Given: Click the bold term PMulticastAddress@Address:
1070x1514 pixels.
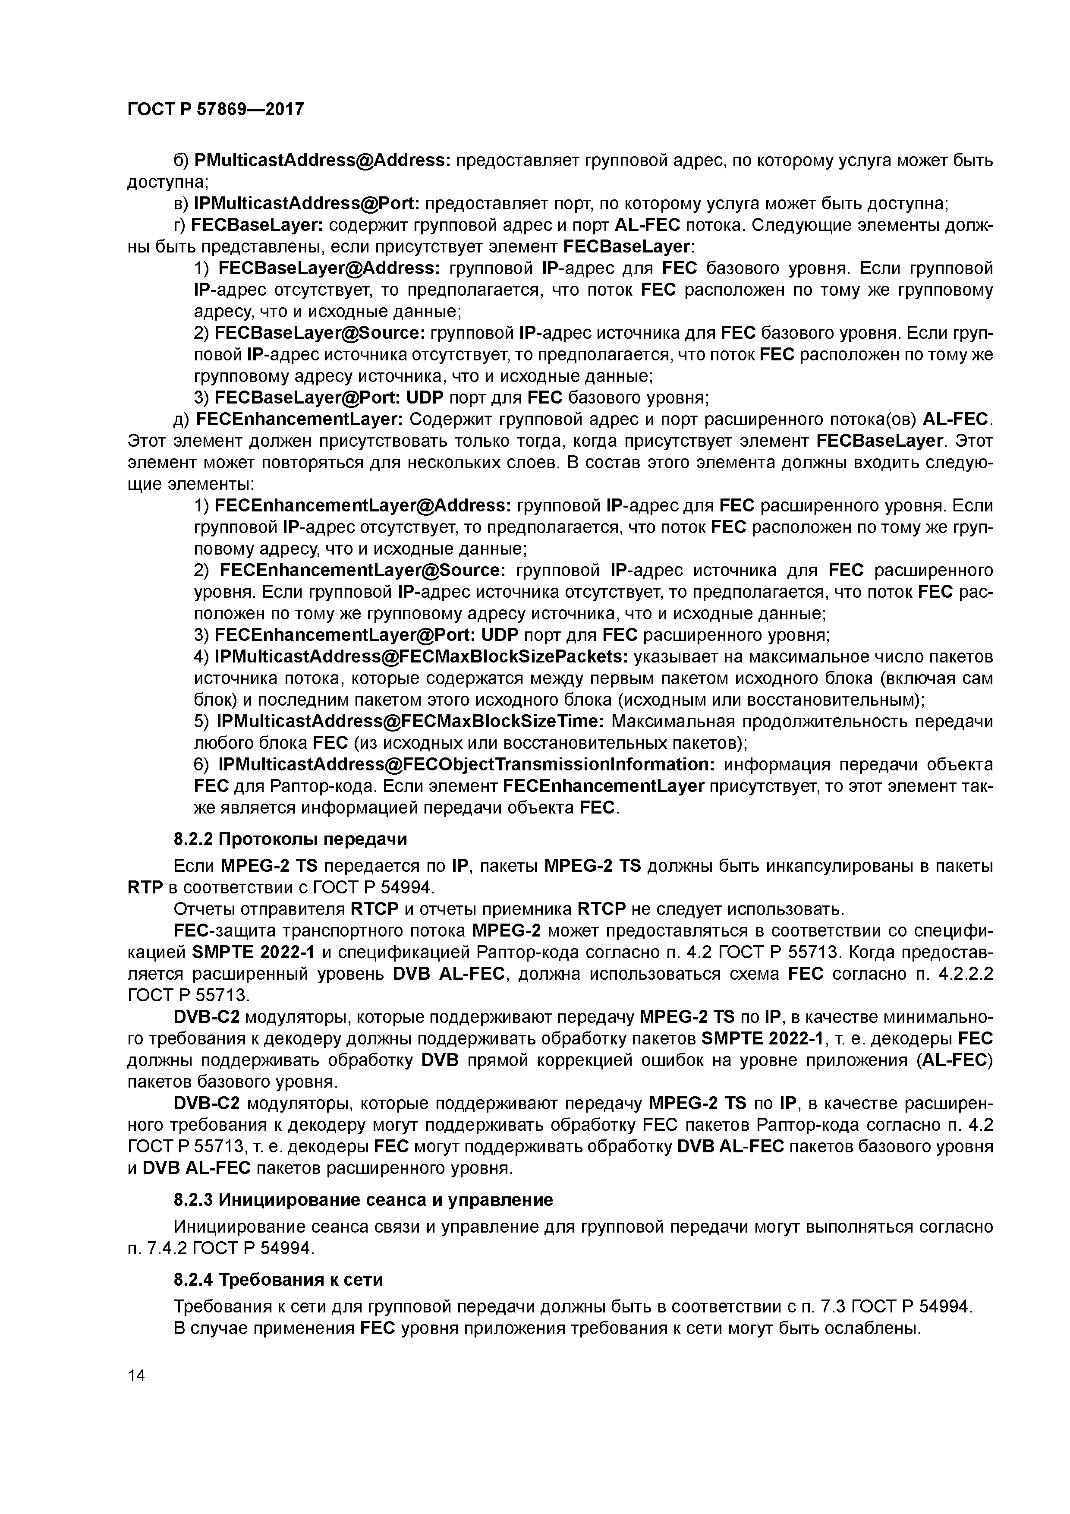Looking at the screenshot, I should [x=322, y=160].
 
